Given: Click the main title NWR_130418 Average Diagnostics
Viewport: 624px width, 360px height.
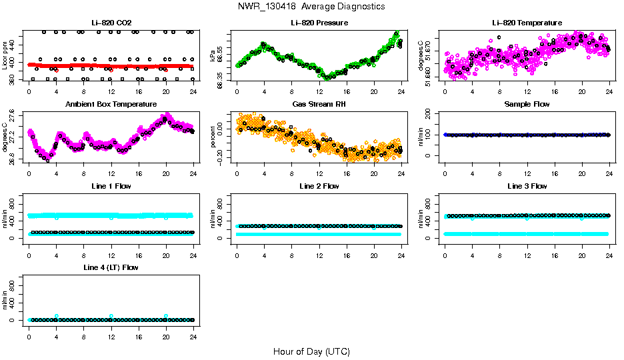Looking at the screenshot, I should click(311, 7).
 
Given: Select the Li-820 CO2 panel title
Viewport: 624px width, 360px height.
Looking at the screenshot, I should click(111, 23).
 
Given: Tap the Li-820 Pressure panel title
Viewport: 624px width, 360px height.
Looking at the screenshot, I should click(319, 23).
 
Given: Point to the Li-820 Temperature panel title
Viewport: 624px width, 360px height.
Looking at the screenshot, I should click(527, 23).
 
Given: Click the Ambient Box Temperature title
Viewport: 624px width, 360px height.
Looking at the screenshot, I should click(111, 105).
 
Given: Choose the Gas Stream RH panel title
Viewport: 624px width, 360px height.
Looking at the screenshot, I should click(319, 105).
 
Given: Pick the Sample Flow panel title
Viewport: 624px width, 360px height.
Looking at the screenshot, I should click(527, 105).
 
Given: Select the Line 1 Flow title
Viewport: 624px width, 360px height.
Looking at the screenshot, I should click(111, 186).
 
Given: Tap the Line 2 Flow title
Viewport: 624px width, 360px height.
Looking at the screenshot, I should click(319, 186).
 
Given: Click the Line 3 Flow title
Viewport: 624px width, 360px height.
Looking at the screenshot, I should click(527, 186).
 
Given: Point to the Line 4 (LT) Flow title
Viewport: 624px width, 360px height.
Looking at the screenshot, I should click(111, 267).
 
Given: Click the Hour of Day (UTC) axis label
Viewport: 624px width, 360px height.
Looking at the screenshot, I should click(311, 351).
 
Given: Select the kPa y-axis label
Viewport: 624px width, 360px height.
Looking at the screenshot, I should click(213, 57).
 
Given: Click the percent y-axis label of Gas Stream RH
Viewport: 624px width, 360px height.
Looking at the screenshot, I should click(213, 137).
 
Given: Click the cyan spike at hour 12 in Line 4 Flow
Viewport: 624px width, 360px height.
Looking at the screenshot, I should click(111, 316).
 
